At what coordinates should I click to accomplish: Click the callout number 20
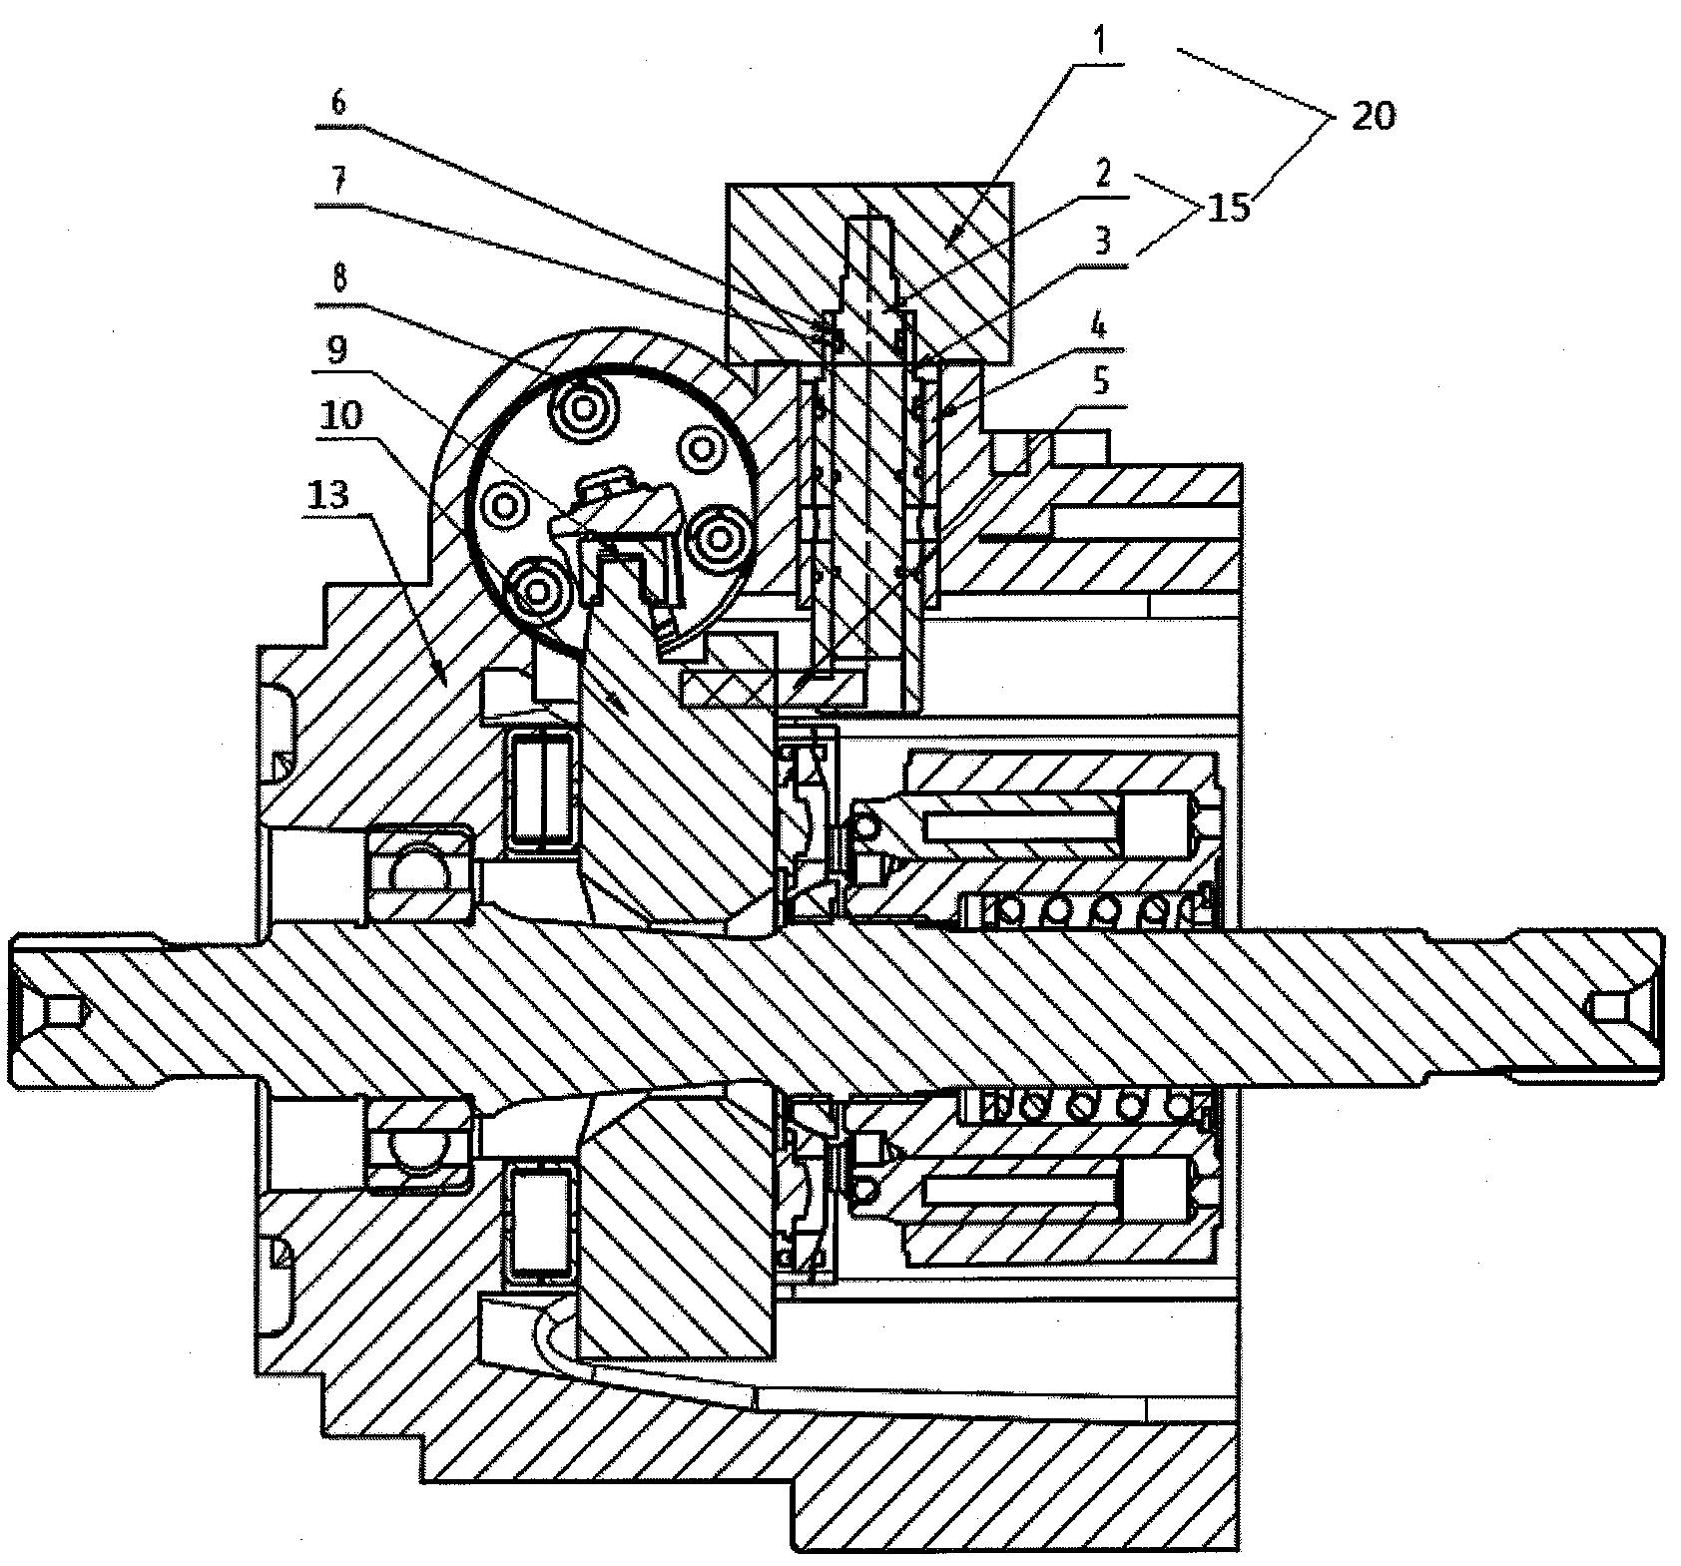tap(1374, 116)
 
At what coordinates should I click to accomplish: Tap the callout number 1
tap(1098, 50)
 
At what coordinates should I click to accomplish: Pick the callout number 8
tap(338, 280)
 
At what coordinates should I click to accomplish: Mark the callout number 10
tap(342, 414)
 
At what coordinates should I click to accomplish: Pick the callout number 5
tap(1100, 383)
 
